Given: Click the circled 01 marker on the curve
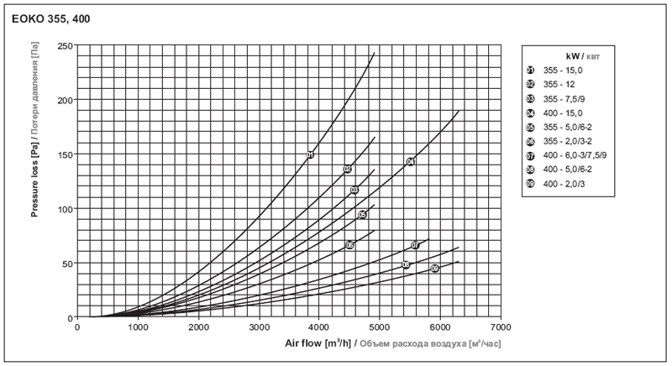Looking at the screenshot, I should [x=310, y=154].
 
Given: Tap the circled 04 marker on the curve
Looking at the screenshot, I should [x=411, y=161].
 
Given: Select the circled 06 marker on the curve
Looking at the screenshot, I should [x=349, y=245].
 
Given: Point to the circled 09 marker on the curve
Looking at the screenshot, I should [x=434, y=269].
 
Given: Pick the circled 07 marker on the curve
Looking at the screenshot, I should [x=415, y=245].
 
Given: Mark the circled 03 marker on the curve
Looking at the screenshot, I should [x=354, y=191].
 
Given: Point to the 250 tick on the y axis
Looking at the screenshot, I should [x=64, y=45].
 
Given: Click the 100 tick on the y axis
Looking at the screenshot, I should [x=64, y=209].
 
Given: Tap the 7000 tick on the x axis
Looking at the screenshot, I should [x=500, y=327].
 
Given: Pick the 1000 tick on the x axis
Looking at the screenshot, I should [x=138, y=327].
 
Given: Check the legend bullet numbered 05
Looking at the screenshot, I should [x=530, y=127].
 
